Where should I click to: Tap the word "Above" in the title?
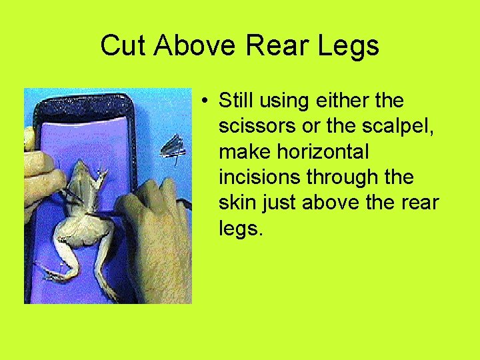pyautogui.click(x=194, y=45)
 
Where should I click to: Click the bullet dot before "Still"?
pyautogui.click(x=209, y=101)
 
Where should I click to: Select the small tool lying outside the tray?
pyautogui.click(x=173, y=149)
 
